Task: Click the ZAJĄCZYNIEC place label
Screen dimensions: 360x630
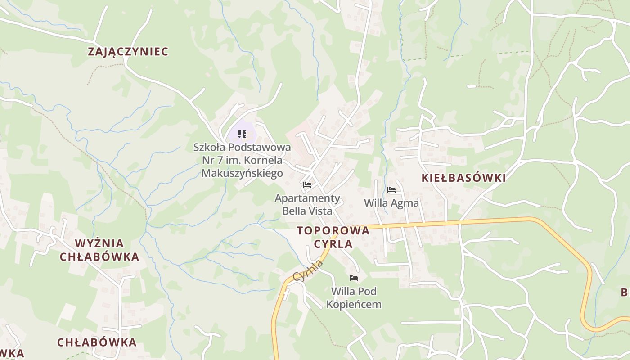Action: point(128,52)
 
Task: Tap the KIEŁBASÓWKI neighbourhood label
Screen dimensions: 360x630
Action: point(463,178)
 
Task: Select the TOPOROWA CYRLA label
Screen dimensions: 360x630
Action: point(333,237)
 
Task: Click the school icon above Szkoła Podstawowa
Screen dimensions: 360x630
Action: point(242,134)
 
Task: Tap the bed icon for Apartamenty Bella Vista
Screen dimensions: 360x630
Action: point(307,185)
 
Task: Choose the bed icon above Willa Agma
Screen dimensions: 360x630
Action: point(391,190)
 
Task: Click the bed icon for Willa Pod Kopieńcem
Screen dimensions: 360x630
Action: point(354,278)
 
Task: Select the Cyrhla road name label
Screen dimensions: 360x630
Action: point(308,270)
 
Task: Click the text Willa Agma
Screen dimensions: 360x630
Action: point(391,203)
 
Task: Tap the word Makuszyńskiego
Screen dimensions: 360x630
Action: point(242,173)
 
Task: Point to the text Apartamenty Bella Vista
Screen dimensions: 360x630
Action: point(307,204)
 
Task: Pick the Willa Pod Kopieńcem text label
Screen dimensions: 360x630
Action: point(354,297)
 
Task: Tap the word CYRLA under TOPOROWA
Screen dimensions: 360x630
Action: point(333,244)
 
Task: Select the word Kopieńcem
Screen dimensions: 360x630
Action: point(354,305)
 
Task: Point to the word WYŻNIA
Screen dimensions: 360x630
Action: point(99,243)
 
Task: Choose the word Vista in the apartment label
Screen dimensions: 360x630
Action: point(321,211)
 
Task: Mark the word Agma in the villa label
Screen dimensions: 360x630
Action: point(405,203)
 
